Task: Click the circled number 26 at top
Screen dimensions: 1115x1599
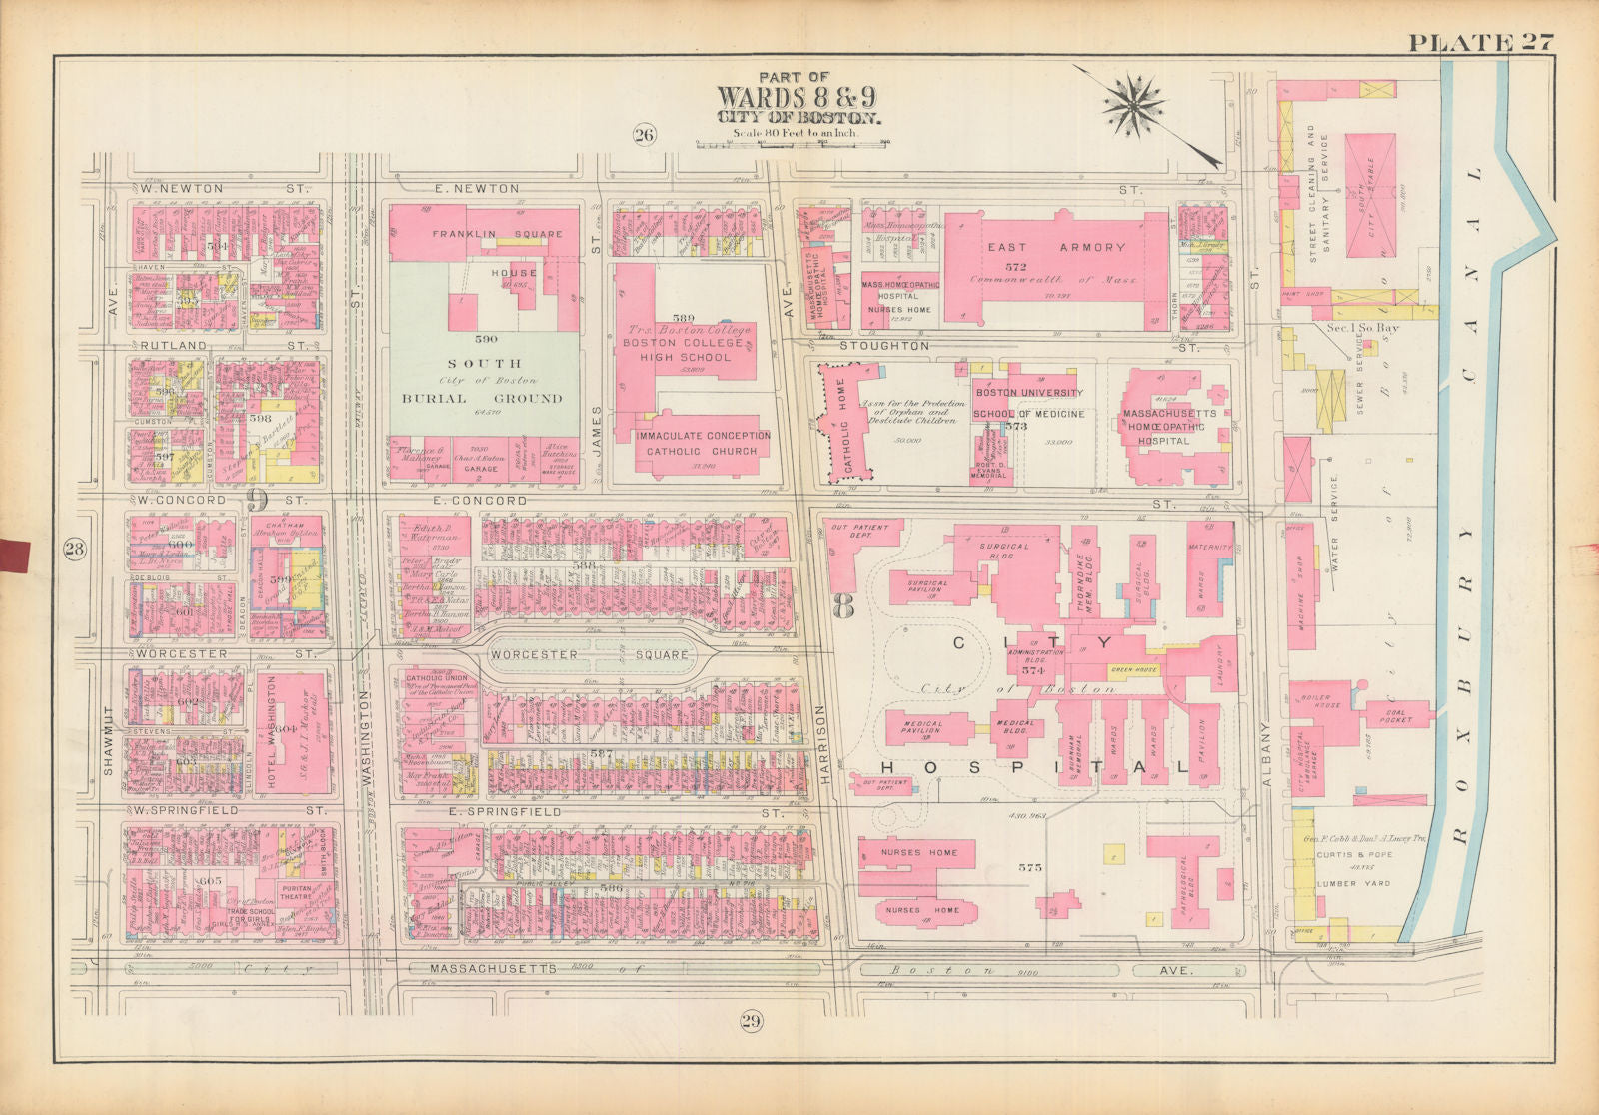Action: point(643,135)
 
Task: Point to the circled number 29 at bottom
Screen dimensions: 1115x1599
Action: point(751,1021)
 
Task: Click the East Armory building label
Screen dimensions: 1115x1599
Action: point(1056,247)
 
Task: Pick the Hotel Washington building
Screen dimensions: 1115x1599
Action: point(268,734)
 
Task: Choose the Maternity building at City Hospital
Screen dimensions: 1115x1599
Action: point(1211,548)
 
